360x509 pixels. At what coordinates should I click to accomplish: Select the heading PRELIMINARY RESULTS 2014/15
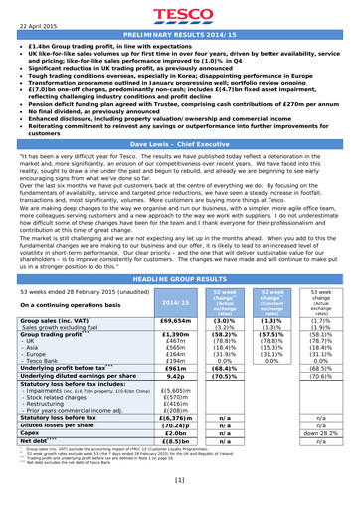click(180, 35)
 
